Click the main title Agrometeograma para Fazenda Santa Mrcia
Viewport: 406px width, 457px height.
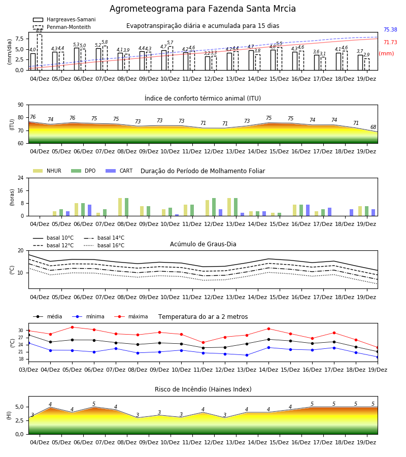202,9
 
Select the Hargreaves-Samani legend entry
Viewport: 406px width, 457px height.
64,19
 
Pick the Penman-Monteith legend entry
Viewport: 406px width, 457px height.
62,27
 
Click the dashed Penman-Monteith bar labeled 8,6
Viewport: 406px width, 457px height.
39,52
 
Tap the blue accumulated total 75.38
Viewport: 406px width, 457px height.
390,30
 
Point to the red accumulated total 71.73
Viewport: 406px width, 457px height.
390,42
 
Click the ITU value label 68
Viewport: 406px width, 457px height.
373,127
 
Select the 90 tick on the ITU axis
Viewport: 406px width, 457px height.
21,105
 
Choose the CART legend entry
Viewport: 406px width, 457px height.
119,171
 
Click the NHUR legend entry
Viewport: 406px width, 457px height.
47,171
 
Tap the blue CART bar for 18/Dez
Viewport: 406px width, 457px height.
352,213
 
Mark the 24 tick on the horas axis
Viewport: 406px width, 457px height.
21,178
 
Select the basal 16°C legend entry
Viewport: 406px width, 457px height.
104,245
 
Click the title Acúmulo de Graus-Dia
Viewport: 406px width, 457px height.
203,244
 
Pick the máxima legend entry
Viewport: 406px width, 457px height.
131,316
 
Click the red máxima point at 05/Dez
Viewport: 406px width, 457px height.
72,327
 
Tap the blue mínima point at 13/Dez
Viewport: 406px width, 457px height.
247,355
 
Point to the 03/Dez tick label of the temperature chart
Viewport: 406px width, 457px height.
28,370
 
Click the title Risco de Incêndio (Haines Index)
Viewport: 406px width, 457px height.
203,389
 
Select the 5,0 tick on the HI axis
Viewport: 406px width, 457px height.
19,407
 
